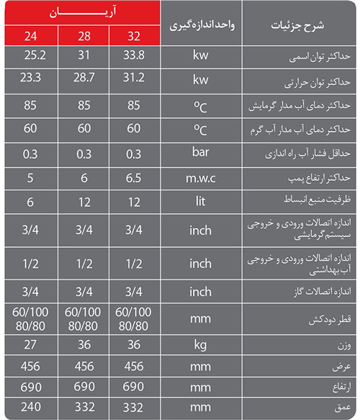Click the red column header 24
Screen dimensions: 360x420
27,36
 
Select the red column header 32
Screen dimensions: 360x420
133,36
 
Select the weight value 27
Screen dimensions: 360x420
27,344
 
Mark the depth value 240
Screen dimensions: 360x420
27,407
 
